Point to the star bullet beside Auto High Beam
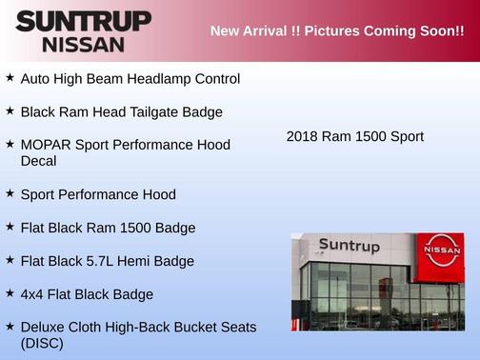[x=10, y=78]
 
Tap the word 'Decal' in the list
[x=38, y=161]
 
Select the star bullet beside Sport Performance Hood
[x=10, y=193]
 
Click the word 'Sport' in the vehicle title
[x=405, y=136]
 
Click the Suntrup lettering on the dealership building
[x=349, y=246]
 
